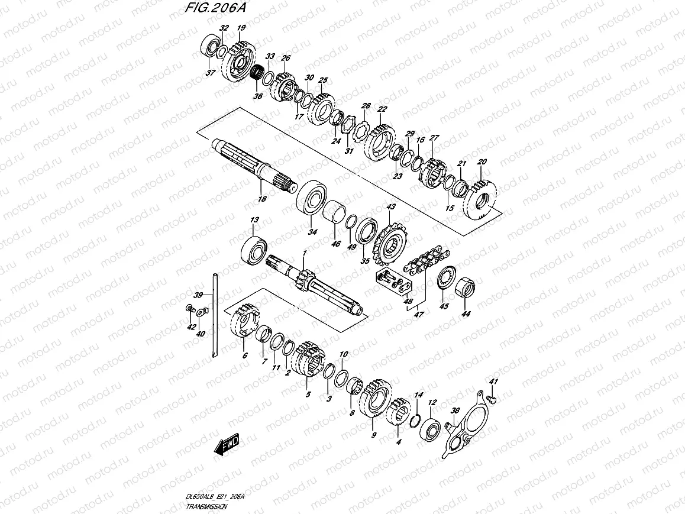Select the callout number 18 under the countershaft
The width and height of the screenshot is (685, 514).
click(262, 199)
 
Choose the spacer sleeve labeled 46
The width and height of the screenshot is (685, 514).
click(335, 213)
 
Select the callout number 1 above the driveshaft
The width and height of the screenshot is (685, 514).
click(304, 253)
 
